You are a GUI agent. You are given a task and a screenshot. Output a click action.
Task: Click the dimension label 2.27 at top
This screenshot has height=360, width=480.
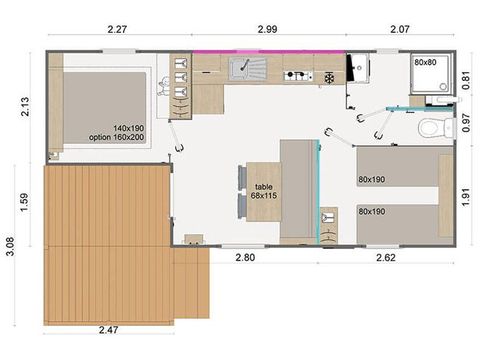(115, 32)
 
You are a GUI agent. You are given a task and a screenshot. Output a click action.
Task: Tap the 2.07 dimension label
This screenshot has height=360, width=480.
(399, 32)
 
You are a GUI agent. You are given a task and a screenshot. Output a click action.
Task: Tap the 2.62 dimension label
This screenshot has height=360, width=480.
(386, 258)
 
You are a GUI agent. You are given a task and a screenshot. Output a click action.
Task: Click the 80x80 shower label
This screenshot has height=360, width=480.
(425, 62)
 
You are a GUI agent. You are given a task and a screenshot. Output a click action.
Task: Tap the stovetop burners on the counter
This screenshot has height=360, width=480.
(299, 75)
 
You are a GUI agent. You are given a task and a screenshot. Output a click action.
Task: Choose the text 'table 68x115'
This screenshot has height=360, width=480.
(264, 190)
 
